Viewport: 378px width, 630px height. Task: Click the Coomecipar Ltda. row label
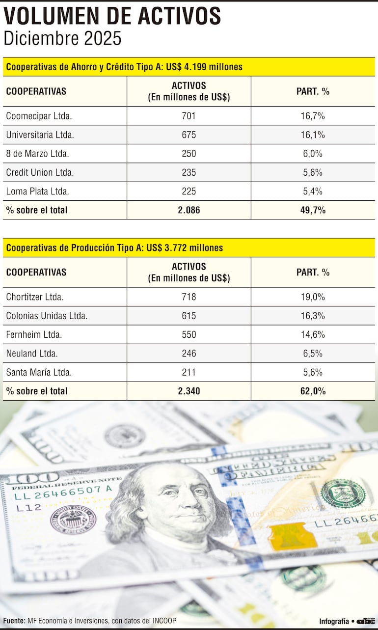point(39,116)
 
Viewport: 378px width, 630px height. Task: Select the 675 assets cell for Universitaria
point(189,135)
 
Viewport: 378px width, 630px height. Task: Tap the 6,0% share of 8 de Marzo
point(313,153)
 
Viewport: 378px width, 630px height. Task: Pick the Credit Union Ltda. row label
point(40,172)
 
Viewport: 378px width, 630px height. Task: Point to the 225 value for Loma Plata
point(189,191)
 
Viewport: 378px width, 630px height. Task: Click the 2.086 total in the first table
point(189,210)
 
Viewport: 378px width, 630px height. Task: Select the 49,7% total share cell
point(313,210)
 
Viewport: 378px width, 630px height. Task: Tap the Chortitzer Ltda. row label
point(35,297)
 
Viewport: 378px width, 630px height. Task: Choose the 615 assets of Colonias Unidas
point(189,316)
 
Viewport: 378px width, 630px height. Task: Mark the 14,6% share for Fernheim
point(313,334)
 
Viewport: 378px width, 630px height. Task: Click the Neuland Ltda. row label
point(32,353)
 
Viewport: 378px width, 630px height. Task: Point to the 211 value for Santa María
point(189,372)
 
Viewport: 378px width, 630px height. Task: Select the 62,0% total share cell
point(313,391)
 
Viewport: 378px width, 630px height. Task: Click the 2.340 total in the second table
point(189,391)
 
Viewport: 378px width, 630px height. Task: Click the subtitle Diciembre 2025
point(62,38)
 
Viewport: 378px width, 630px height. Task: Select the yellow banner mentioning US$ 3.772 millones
point(189,247)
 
